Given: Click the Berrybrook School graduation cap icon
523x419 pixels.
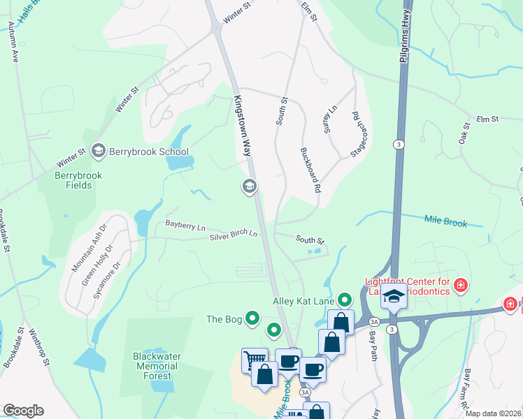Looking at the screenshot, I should coord(98,151).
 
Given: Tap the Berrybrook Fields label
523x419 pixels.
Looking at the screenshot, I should coord(83,180).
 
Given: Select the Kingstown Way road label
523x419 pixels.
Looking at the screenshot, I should coord(242,126).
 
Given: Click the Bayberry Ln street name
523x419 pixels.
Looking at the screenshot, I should coord(185,226).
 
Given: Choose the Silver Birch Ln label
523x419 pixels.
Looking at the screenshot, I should coord(234,236).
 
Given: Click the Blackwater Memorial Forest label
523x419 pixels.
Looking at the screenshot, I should coord(157,366).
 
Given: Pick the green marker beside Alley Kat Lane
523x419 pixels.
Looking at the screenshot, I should coord(344,301).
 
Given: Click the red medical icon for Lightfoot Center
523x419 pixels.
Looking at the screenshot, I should coord(460,285).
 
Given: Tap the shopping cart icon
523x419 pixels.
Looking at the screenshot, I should coord(254,360).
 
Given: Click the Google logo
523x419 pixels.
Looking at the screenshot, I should coord(23,410).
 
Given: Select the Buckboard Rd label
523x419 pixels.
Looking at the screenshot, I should coord(310,169).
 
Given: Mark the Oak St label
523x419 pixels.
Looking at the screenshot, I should coord(464,132).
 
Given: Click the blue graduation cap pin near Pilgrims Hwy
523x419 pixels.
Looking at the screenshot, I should coord(394,296).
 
